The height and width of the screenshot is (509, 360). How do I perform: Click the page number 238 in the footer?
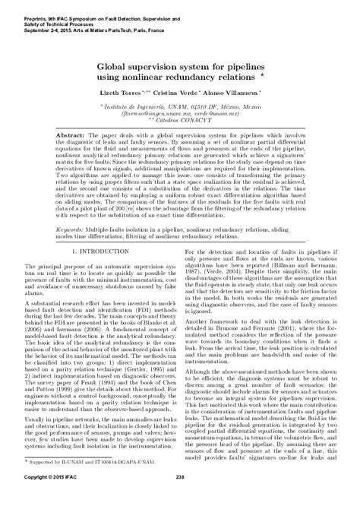(x=180, y=498)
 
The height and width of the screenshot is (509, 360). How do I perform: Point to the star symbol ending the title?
(x=262, y=74)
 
